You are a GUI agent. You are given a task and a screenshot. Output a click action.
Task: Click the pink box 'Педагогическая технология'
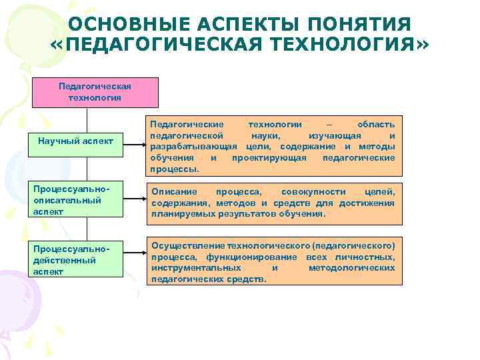point(95,92)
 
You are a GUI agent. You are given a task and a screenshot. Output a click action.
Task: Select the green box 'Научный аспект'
point(76,141)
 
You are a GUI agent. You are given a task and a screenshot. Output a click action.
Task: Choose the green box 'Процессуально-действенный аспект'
point(76,259)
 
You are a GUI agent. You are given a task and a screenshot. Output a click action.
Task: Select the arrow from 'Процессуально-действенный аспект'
point(135,254)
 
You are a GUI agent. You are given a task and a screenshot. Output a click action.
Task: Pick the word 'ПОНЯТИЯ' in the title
point(373,25)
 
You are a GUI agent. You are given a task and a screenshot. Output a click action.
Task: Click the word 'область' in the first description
point(376,125)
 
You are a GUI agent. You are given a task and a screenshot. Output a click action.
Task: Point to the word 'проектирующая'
point(269,158)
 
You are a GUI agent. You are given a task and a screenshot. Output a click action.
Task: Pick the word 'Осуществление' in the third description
point(187,246)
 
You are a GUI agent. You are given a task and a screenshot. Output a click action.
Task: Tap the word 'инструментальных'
point(195,268)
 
